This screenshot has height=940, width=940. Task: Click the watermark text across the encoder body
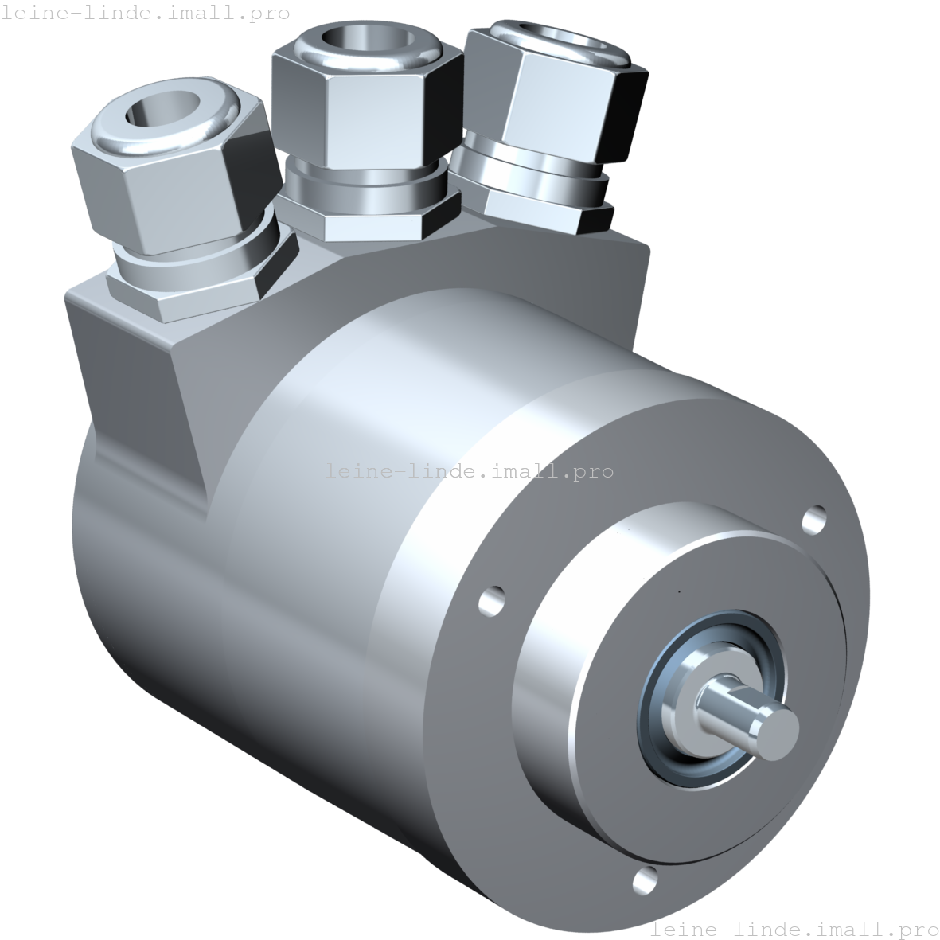click(434, 471)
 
